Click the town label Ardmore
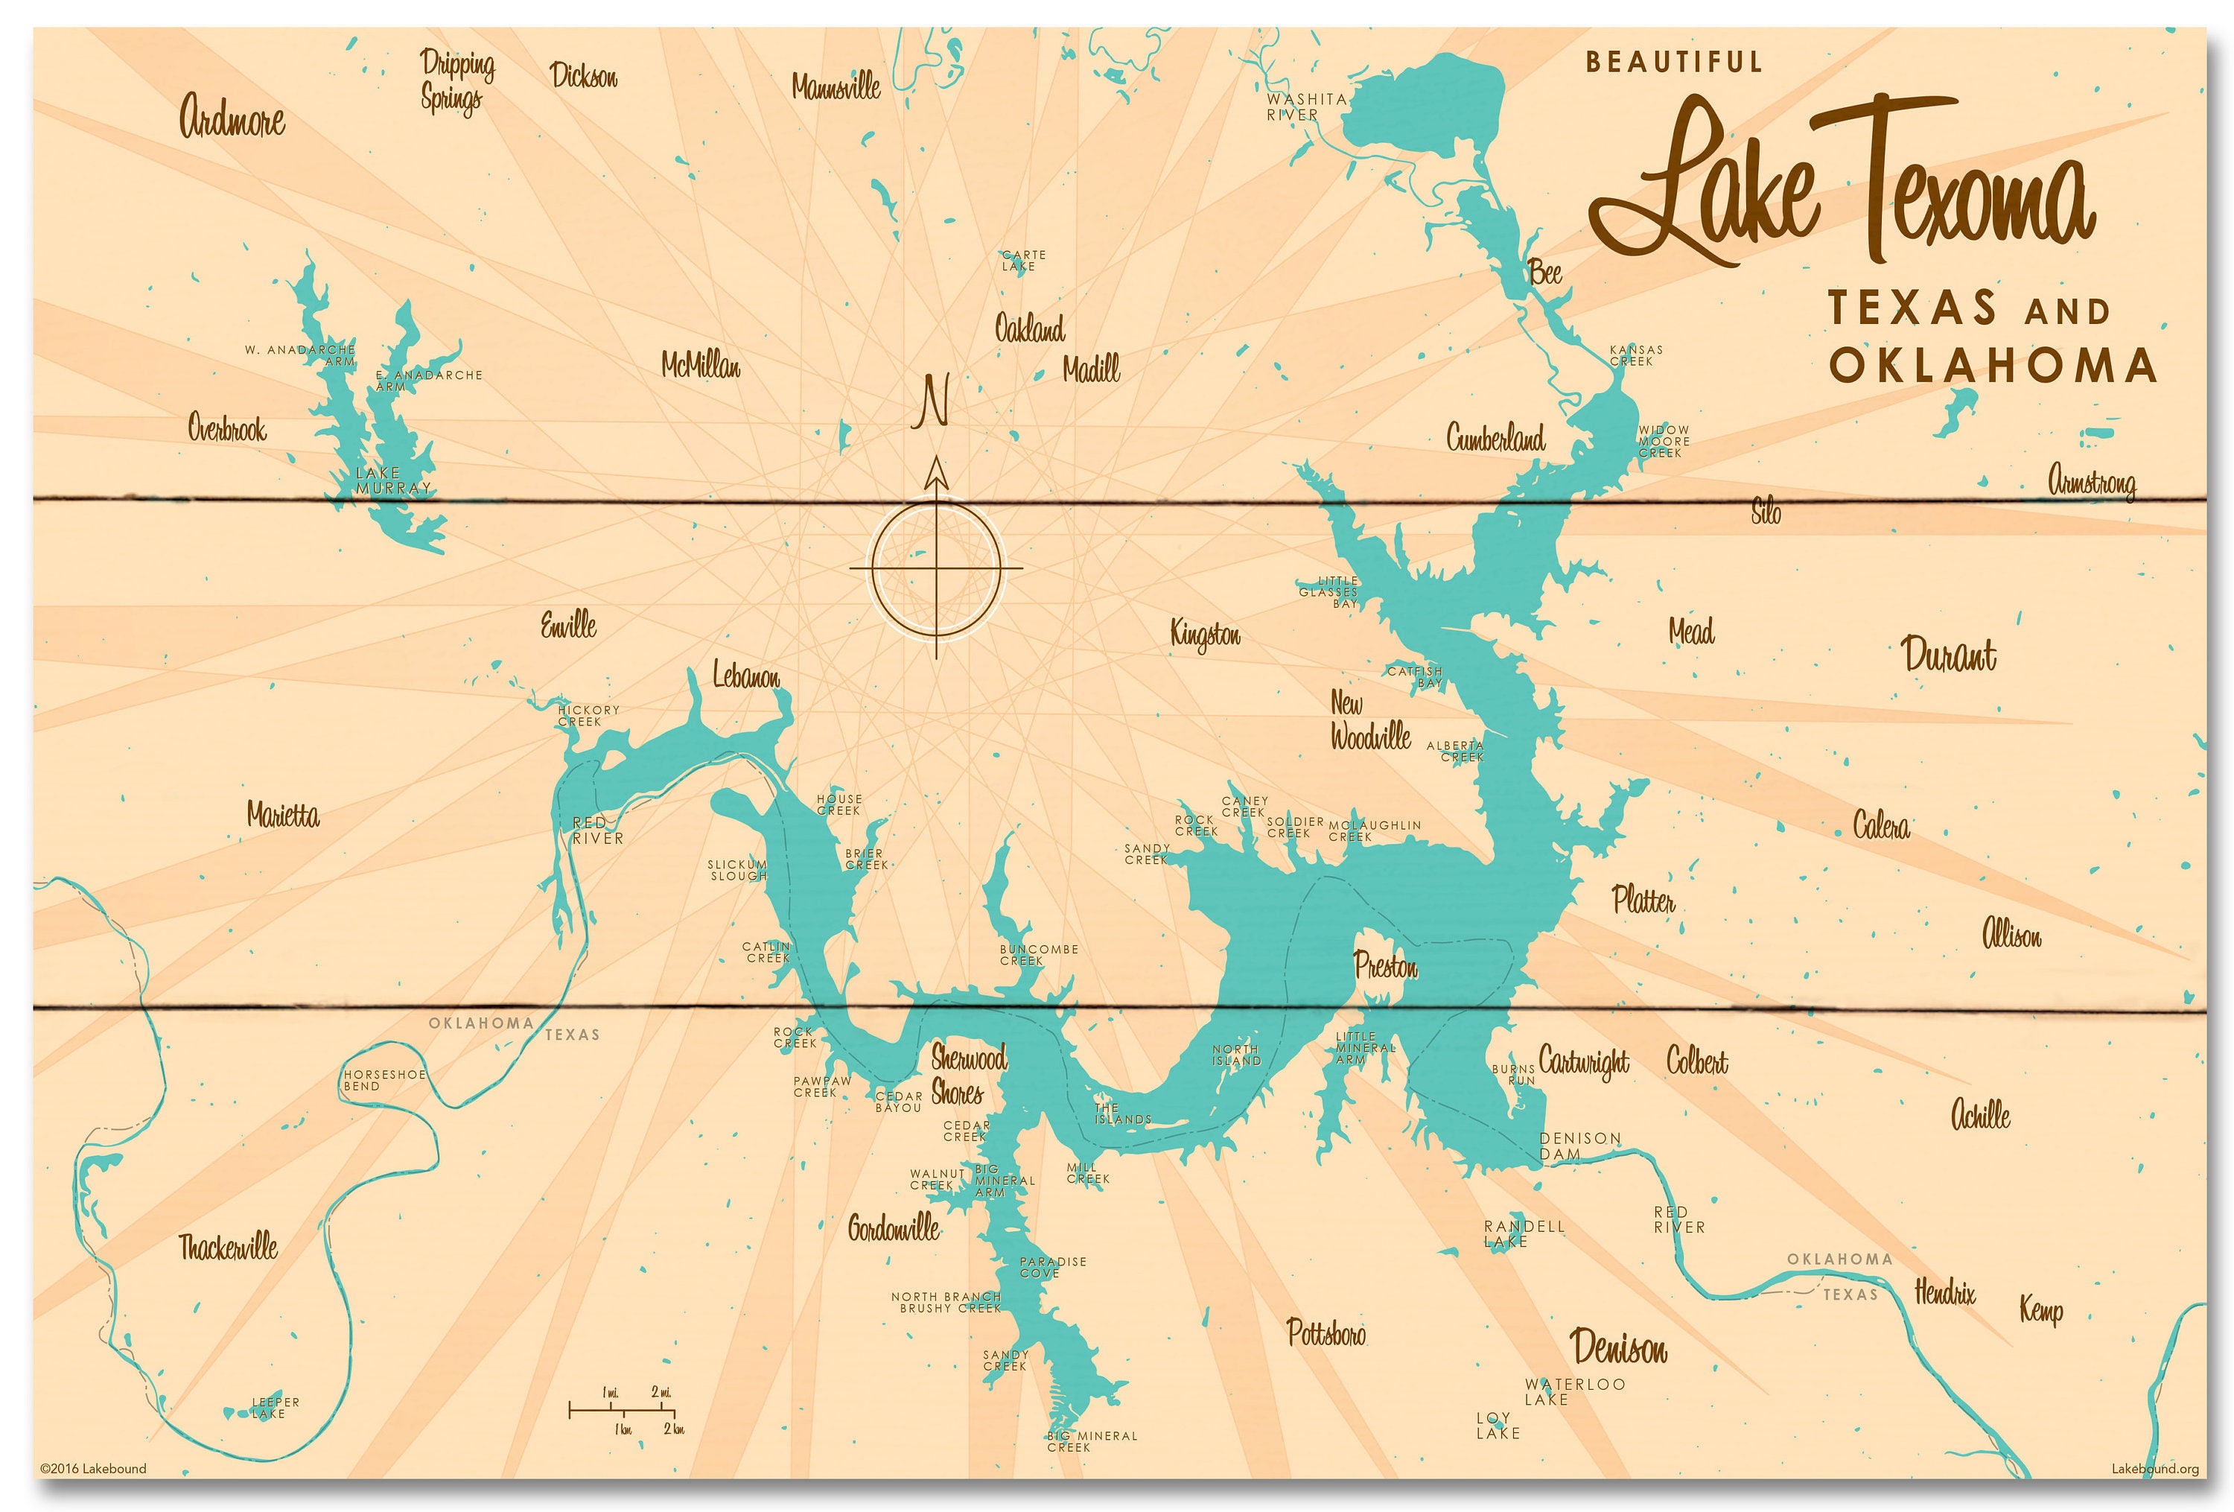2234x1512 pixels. click(x=232, y=117)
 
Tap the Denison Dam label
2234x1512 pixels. click(x=1579, y=1146)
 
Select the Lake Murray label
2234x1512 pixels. click(x=392, y=480)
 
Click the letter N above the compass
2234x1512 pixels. click(x=931, y=401)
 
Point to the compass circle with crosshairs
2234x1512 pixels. click(x=935, y=569)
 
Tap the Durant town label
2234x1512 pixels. click(x=1949, y=655)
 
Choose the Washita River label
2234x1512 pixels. click(x=1305, y=107)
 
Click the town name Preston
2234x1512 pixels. click(x=1385, y=965)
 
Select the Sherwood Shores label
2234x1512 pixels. click(x=967, y=1076)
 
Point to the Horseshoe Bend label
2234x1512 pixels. click(x=384, y=1079)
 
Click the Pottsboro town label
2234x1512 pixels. click(x=1326, y=1332)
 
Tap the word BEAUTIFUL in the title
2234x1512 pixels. click(x=1673, y=63)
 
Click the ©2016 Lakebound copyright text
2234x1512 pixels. click(x=93, y=1468)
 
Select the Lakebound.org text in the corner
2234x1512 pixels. click(x=2154, y=1469)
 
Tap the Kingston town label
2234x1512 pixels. click(x=1204, y=635)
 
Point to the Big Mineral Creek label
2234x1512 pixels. click(x=1091, y=1441)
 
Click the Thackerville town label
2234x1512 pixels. click(x=228, y=1248)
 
